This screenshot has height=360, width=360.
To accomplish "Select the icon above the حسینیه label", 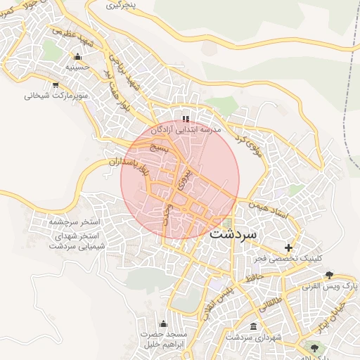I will coord(77,57).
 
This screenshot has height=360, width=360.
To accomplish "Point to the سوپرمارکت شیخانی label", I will coord(48,94).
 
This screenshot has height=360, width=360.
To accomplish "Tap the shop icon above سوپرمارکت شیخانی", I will coord(49,84).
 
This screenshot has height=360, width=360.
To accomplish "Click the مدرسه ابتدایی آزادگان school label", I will coord(188,130).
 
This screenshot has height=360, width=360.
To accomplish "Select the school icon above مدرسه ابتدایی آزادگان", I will coord(186,119).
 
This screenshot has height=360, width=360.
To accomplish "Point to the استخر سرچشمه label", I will coord(75,221).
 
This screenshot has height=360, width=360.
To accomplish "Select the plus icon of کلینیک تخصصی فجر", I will coord(288,247).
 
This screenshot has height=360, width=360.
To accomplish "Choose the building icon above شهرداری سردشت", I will coord(253,327).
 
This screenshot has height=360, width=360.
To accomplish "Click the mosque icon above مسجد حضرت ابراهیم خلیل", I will coord(164,323).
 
